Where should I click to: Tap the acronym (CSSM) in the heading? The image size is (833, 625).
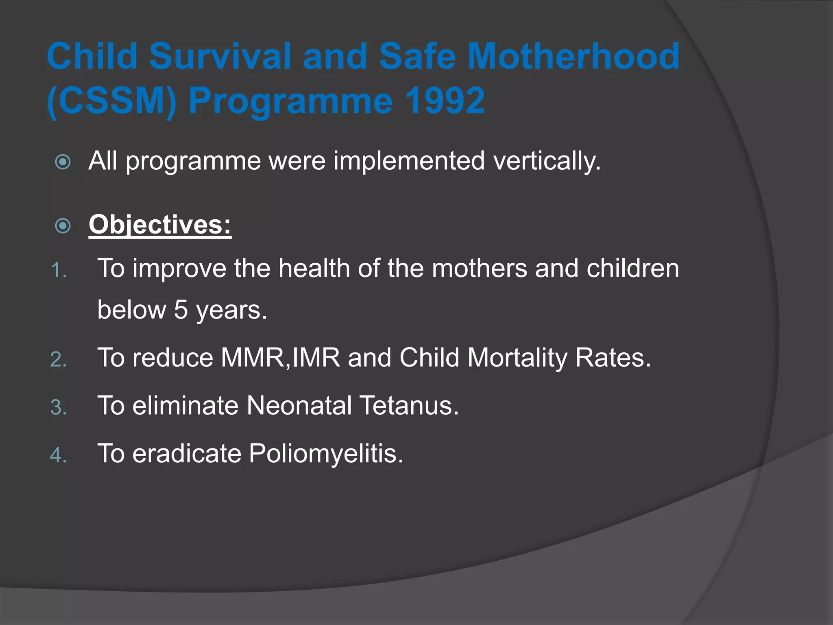click(x=112, y=101)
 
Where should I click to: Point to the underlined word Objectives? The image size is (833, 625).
click(x=160, y=225)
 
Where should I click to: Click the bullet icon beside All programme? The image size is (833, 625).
click(x=63, y=162)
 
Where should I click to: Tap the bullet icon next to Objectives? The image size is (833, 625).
click(x=63, y=226)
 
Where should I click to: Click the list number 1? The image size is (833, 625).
click(x=59, y=270)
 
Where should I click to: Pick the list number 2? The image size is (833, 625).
click(x=59, y=360)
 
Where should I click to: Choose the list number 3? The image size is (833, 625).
click(x=59, y=408)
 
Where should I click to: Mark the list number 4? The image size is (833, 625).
click(x=59, y=455)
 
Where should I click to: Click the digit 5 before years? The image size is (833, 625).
click(x=181, y=310)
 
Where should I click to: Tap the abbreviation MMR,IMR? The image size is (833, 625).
click(x=280, y=358)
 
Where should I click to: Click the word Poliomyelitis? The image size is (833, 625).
click(x=325, y=454)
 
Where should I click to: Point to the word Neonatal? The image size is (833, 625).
click(x=299, y=406)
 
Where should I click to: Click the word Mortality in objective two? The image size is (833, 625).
click(x=517, y=358)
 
